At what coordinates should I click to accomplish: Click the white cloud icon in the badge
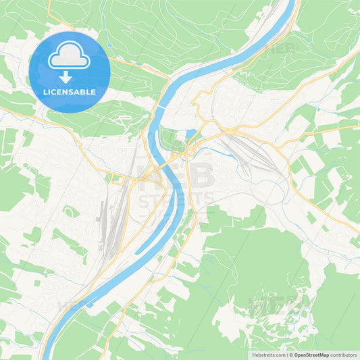(70, 55)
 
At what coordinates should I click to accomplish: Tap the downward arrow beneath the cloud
(70, 76)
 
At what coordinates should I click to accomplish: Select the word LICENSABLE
(70, 92)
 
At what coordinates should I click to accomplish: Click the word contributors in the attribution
(343, 354)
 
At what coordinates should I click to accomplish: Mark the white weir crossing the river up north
(162, 106)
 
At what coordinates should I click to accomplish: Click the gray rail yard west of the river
(108, 223)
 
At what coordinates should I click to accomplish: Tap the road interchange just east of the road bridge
(192, 150)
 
